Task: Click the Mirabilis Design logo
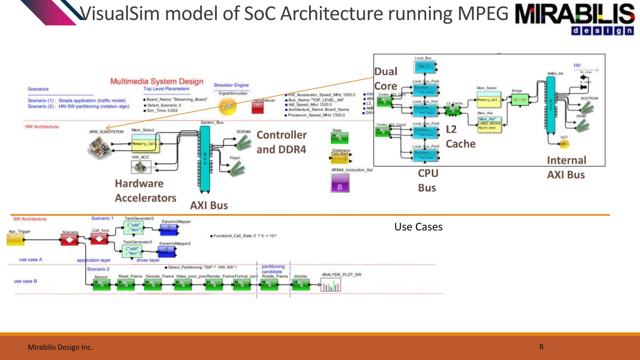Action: coord(574,19)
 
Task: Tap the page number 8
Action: coord(541,347)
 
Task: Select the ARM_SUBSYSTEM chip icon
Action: coord(99,148)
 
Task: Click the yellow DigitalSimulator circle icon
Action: coord(227,107)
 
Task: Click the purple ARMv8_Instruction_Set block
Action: coord(340,183)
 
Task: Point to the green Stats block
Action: coord(339,138)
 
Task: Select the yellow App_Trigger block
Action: coord(15,240)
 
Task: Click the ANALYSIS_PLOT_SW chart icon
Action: coord(331,285)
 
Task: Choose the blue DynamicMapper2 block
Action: coord(167,252)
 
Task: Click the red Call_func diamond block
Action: coord(99,239)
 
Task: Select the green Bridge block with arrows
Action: coord(519,100)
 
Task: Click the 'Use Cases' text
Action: coord(418,227)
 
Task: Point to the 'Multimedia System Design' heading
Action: coord(157,81)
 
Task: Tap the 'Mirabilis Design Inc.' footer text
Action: coord(60,347)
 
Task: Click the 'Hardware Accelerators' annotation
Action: coord(145,191)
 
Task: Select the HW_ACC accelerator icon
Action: coord(141,167)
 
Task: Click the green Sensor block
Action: coord(102,284)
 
